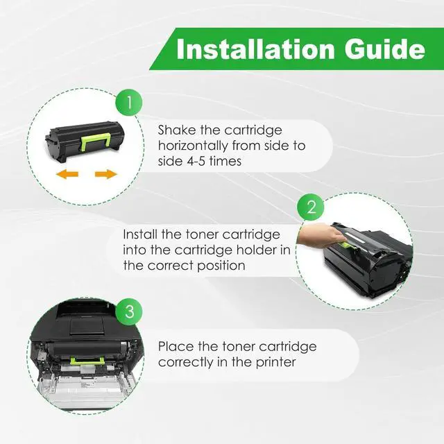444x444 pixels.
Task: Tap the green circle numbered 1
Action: click(129, 104)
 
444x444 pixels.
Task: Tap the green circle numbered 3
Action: click(129, 311)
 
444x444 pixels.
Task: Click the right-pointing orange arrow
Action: click(105, 173)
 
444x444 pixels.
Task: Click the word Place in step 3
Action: click(176, 346)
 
